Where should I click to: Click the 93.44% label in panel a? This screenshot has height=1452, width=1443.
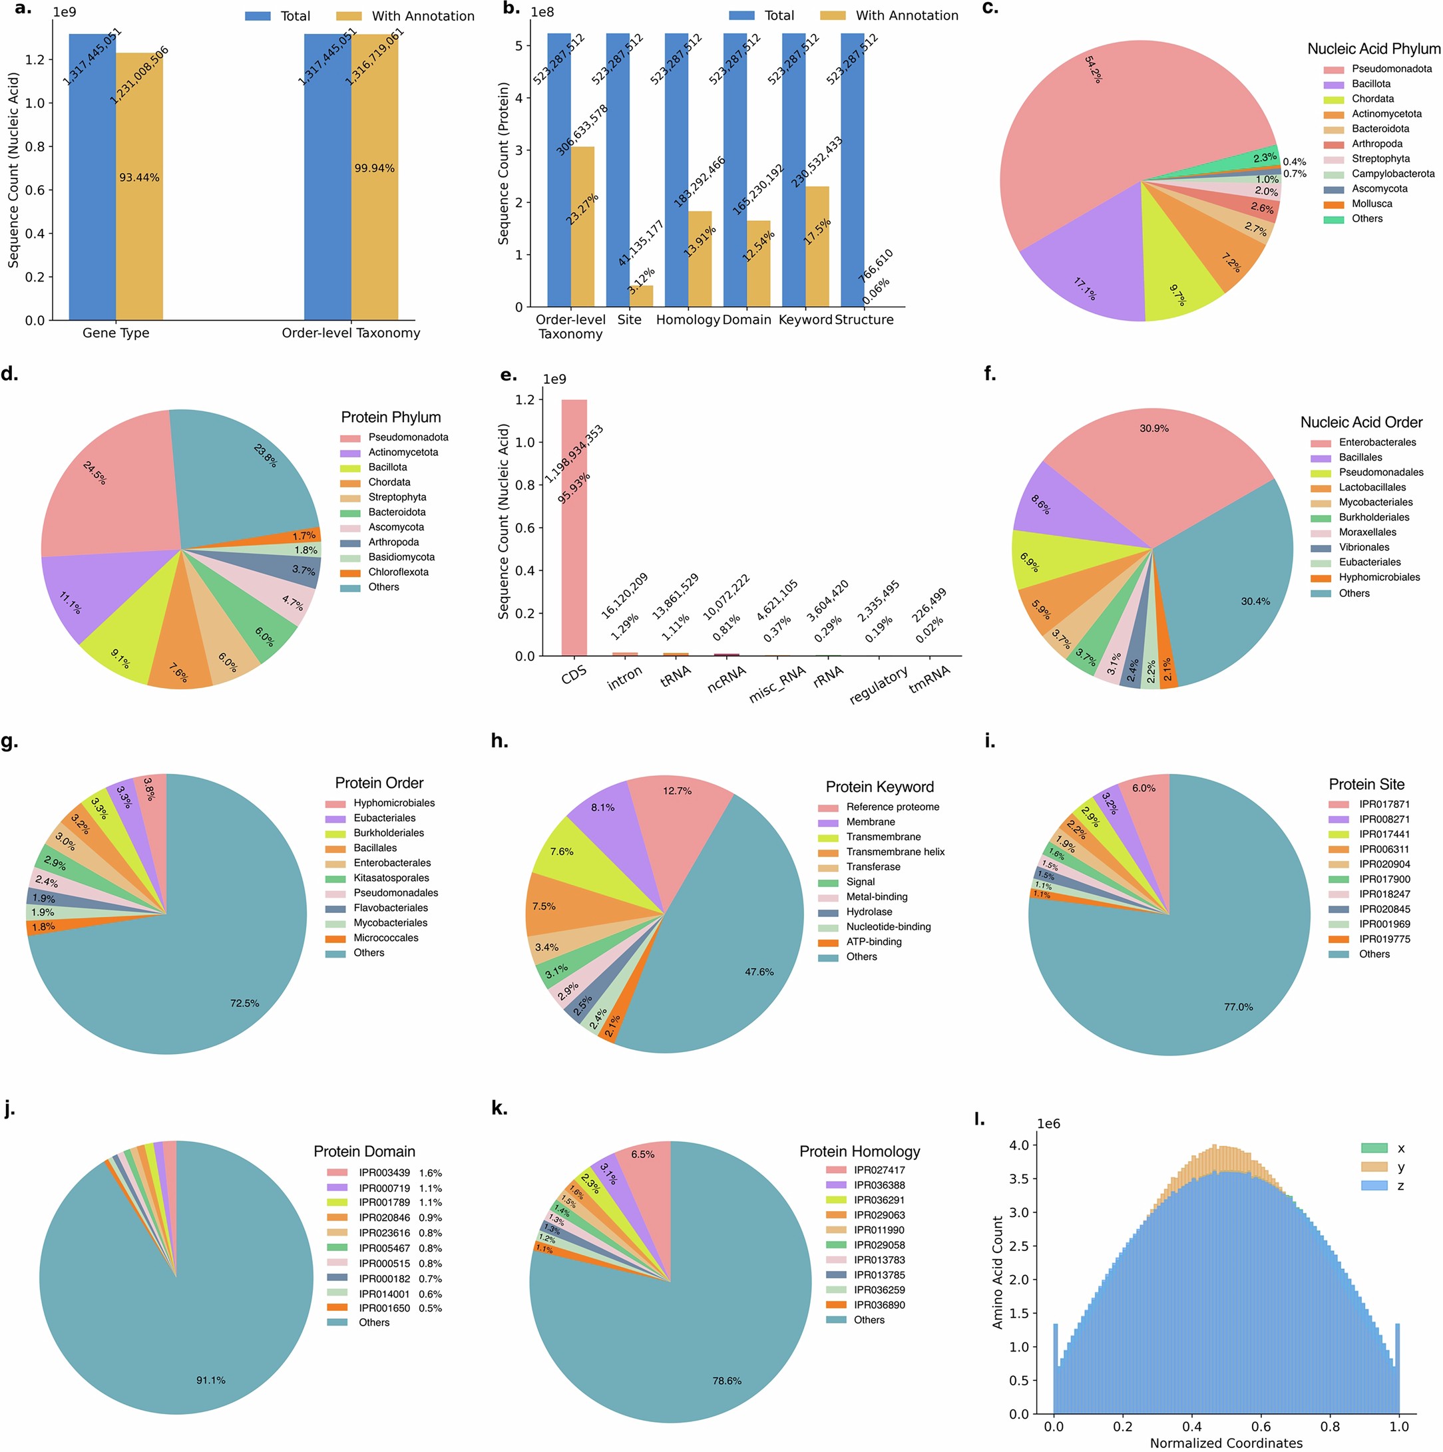[139, 178]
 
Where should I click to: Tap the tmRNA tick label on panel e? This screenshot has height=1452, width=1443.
[930, 679]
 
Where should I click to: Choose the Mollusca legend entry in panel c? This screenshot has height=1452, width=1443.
[1372, 204]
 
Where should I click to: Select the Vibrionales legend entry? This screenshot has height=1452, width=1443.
[1364, 548]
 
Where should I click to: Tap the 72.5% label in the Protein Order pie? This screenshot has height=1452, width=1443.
[244, 1003]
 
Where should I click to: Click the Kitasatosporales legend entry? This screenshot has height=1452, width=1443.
[391, 878]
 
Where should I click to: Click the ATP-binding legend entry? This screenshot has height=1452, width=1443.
[873, 942]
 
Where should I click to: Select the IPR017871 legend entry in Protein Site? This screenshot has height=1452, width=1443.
[1384, 804]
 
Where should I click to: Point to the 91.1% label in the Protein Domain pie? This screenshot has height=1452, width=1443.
[210, 1381]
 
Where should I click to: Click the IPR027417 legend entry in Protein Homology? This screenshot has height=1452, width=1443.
[879, 1170]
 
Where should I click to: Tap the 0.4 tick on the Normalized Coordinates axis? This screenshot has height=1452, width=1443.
[1192, 1427]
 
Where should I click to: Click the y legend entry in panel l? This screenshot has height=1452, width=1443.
[1400, 1168]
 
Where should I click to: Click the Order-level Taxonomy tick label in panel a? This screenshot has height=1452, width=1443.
[350, 333]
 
